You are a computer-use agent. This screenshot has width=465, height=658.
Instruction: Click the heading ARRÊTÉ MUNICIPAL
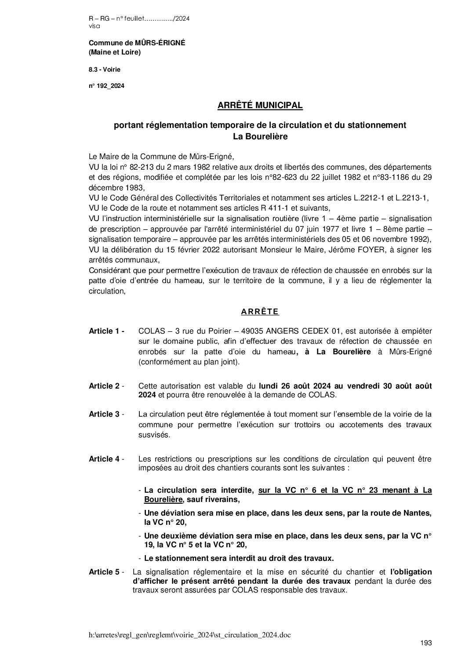tap(260, 105)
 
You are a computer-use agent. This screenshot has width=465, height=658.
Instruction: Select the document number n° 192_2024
tap(106, 86)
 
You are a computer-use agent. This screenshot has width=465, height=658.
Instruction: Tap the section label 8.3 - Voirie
tap(105, 69)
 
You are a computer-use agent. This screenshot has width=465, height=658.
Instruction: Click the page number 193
tap(426, 643)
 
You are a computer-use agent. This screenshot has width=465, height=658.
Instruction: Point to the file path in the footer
tap(189, 635)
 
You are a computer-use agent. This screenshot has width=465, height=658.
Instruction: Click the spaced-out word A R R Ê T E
tap(260, 312)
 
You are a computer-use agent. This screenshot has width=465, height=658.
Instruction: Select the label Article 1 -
tap(107, 331)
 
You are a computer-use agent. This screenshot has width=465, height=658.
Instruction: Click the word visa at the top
tap(94, 26)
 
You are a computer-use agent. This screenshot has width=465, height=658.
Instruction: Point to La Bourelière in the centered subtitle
tap(260, 137)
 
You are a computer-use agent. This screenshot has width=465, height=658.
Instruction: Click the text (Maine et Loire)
tap(115, 53)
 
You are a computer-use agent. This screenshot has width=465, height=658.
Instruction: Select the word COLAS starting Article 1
tap(151, 331)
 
